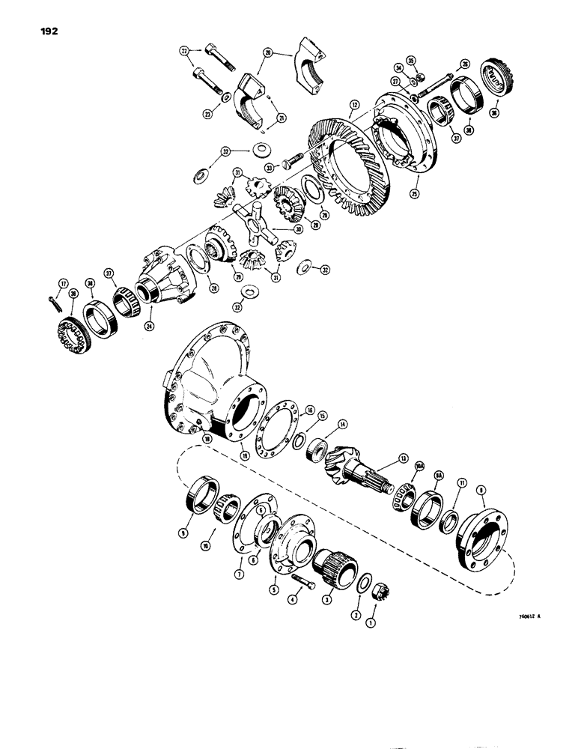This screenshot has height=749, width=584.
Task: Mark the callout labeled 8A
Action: coord(438,475)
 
